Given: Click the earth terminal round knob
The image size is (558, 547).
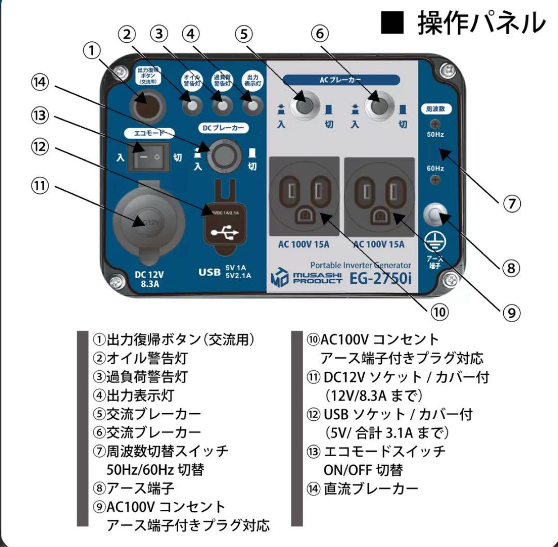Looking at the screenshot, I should (x=435, y=214).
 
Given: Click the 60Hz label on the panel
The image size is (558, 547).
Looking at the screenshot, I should (x=435, y=169).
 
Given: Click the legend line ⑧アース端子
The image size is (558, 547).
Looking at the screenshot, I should (x=133, y=488).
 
